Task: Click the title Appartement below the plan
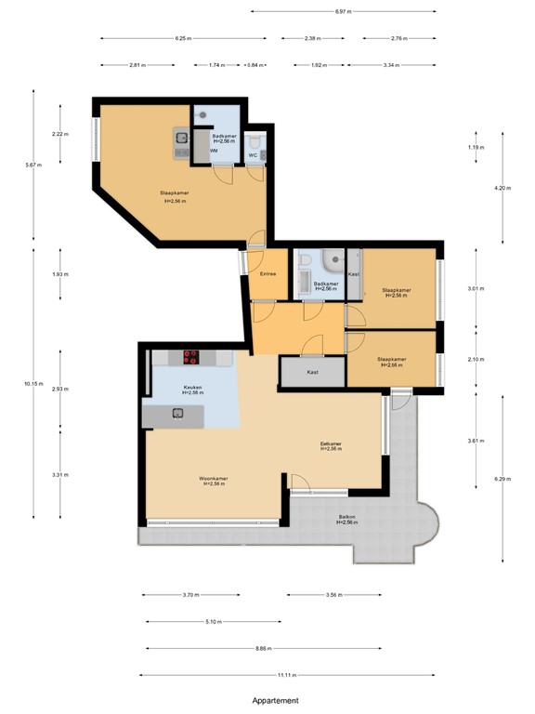[275, 701]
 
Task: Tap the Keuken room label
[192, 387]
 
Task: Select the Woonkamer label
[213, 480]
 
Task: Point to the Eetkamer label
[331, 444]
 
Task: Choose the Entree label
[268, 274]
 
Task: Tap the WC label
[252, 155]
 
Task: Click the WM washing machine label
[214, 151]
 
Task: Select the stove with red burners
[192, 355]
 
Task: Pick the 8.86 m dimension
[265, 649]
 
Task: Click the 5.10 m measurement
[213, 622]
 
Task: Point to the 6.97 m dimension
[343, 11]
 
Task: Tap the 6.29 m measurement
[502, 480]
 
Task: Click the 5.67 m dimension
[34, 165]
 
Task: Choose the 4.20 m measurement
[502, 189]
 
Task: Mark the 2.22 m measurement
[61, 135]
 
